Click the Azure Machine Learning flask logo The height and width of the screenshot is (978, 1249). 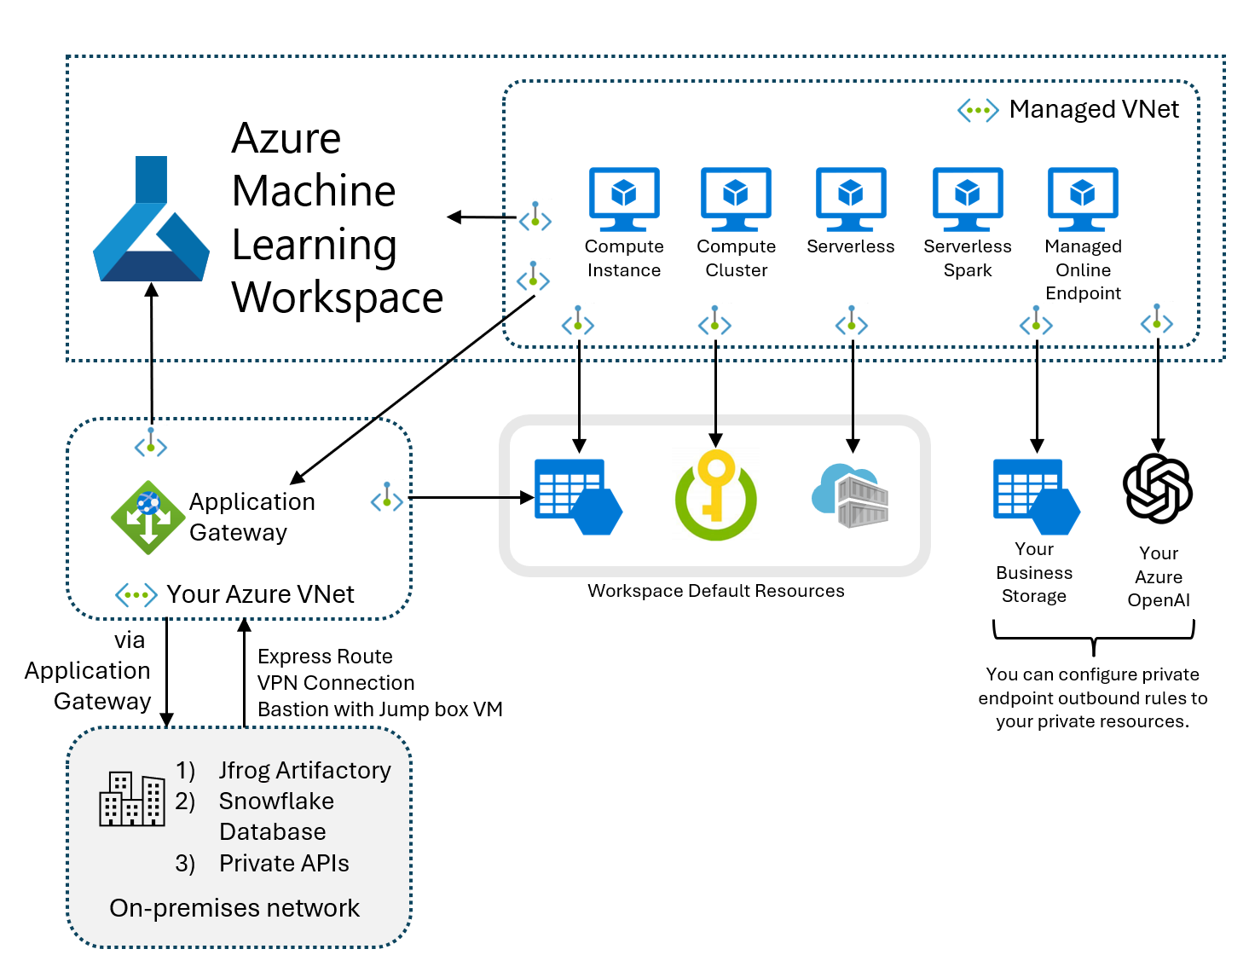[151, 223]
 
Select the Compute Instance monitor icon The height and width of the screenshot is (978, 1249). [624, 199]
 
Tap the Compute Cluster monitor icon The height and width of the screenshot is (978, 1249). [736, 199]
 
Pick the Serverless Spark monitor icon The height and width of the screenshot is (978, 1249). [968, 199]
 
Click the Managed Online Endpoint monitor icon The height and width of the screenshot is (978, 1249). [1083, 199]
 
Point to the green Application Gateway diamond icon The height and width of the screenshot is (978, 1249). [148, 517]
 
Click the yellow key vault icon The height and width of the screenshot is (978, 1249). [716, 495]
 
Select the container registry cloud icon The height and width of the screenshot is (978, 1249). [851, 496]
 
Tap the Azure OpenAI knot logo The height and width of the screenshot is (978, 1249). [1157, 488]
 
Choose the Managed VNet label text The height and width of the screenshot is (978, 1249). [1094, 110]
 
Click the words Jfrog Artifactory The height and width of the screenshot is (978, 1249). [304, 771]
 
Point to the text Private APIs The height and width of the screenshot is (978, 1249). [284, 864]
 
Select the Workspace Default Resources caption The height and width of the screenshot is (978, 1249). [715, 592]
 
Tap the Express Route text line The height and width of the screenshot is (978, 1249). [325, 657]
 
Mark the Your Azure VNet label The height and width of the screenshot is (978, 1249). [260, 594]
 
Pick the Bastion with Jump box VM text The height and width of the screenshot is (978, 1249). [379, 709]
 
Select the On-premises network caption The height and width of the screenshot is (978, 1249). [234, 908]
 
